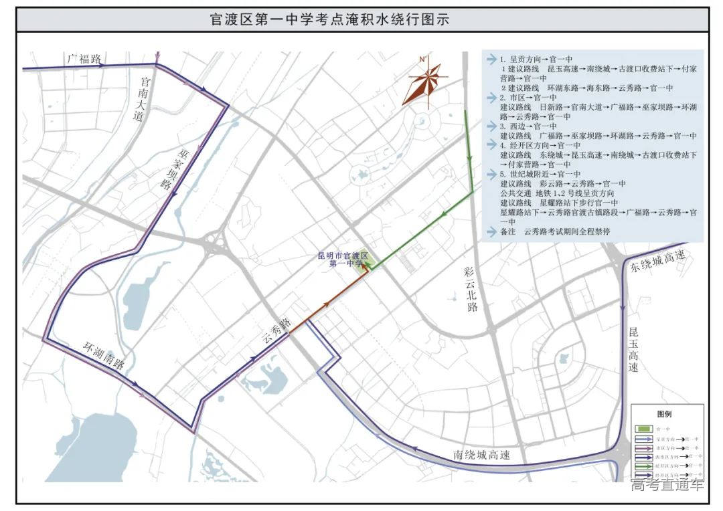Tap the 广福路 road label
[84, 59]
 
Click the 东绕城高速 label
[657, 261]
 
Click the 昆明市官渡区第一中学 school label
[343, 260]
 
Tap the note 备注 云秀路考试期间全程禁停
[555, 231]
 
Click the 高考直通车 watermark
[667, 485]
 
